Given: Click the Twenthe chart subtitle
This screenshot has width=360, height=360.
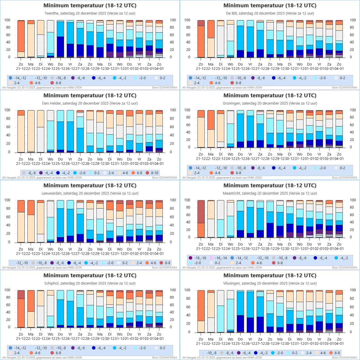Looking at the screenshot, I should click(x=90, y=13).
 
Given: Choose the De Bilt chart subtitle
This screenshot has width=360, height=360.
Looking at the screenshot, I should click(x=270, y=13).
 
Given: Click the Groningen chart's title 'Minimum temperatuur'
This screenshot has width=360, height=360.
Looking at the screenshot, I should click(x=270, y=96).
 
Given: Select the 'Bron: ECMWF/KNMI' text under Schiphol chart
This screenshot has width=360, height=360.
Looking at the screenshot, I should click(x=165, y=358).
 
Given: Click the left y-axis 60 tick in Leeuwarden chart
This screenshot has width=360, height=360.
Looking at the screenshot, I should click(x=7, y=217).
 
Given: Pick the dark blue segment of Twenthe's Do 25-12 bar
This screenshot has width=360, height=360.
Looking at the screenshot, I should click(x=60, y=46).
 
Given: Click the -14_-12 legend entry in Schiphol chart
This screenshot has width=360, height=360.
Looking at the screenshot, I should click(x=19, y=348).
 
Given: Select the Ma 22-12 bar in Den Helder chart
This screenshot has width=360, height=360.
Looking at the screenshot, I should click(x=31, y=131).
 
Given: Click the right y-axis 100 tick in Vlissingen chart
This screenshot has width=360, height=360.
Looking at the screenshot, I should click(x=353, y=290).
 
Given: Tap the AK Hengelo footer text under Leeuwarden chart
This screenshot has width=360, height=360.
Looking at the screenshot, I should click(x=42, y=268).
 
